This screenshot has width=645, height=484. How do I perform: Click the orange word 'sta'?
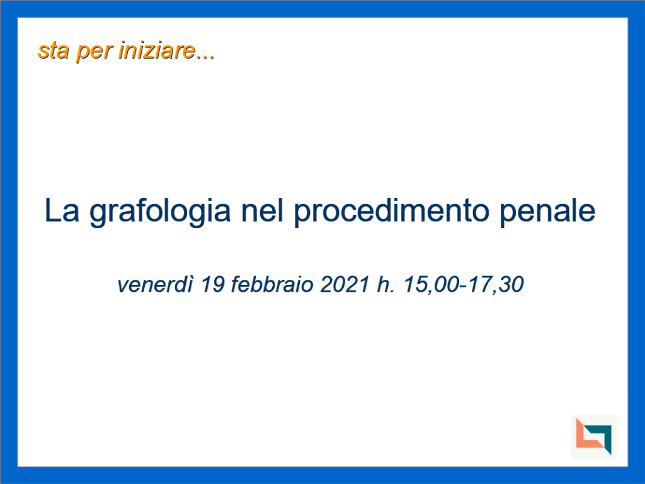point(53,51)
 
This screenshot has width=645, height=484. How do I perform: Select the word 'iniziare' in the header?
point(157,50)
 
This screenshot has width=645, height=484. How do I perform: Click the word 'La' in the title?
point(62,210)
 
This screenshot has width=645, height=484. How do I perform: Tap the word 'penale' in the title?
point(547,212)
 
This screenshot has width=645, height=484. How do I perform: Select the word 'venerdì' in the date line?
point(155,284)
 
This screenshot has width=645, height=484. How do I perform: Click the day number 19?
point(213,284)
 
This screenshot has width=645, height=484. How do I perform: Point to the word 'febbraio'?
point(272,284)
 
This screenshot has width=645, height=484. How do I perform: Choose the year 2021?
point(345,284)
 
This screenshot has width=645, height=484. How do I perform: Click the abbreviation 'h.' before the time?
point(386,284)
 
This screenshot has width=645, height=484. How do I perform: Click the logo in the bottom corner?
point(594,437)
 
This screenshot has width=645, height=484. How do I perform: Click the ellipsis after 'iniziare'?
point(205,58)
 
